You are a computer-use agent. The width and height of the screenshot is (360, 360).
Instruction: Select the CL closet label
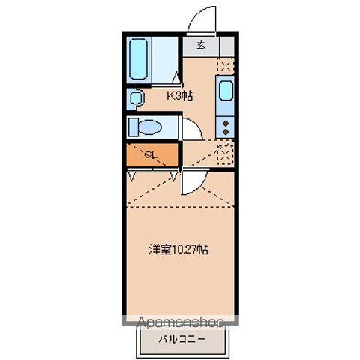(151, 155)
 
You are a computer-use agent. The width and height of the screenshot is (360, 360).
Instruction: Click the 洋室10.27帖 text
(178, 249)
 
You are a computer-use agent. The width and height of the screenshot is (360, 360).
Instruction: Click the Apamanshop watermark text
(180, 322)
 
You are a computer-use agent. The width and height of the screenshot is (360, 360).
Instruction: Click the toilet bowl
(151, 127)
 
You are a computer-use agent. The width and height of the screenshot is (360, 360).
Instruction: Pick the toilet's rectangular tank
(133, 127)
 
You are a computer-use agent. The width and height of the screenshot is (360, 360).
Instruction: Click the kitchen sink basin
(226, 92)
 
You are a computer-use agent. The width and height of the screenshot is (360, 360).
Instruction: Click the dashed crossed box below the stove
(225, 153)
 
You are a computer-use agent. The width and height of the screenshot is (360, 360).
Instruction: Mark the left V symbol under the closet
(133, 176)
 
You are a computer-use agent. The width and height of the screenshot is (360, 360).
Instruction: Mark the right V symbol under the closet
(175, 176)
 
